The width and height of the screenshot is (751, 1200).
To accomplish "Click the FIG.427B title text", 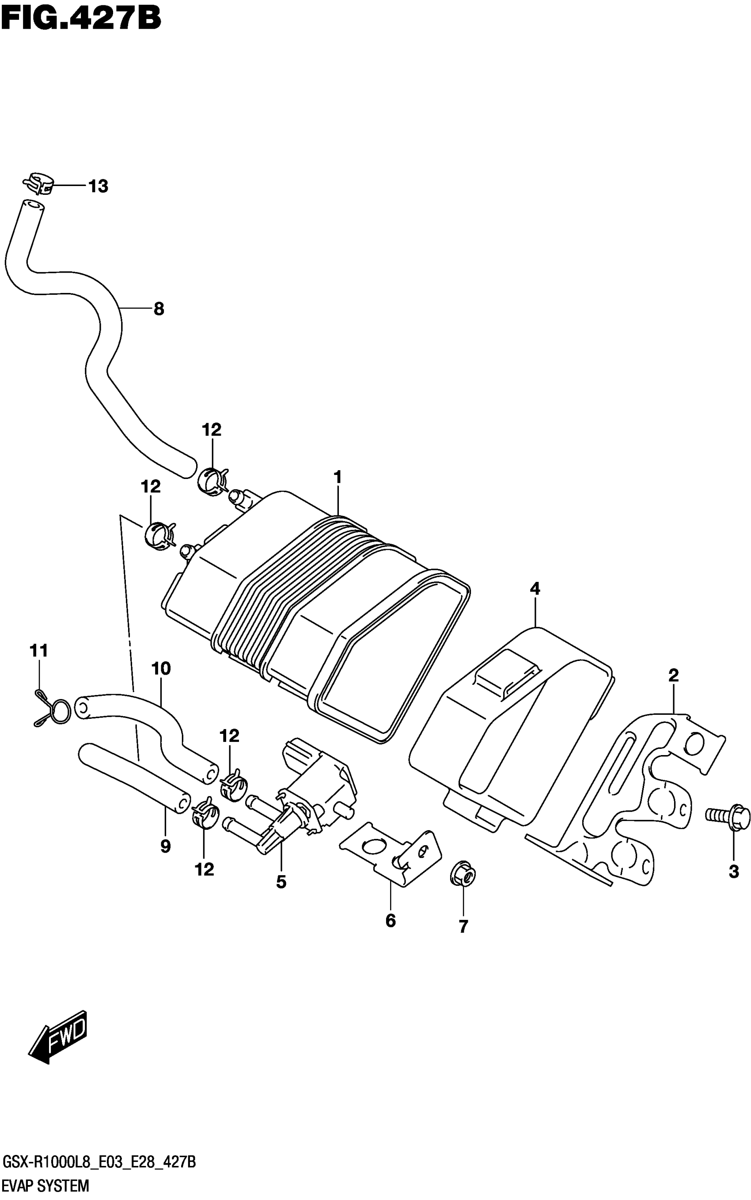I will (x=80, y=19).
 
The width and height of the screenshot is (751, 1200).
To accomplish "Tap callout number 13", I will (x=99, y=186).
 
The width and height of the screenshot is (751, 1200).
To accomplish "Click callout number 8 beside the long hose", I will (x=159, y=309).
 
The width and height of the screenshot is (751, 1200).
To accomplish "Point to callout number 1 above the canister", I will (x=338, y=477).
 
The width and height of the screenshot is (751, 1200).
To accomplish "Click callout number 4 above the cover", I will (x=535, y=589).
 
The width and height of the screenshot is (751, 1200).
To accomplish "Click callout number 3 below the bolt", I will (x=734, y=871).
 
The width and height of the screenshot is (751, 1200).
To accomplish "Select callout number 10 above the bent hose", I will (x=161, y=668).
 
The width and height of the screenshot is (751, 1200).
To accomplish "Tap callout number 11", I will (x=39, y=650).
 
